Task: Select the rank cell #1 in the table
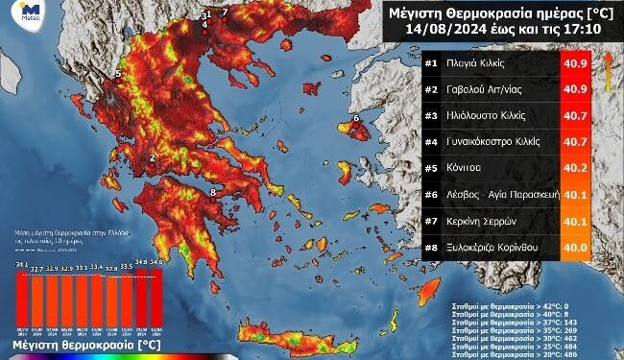click(404, 63)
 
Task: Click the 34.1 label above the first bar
click(21, 264)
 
